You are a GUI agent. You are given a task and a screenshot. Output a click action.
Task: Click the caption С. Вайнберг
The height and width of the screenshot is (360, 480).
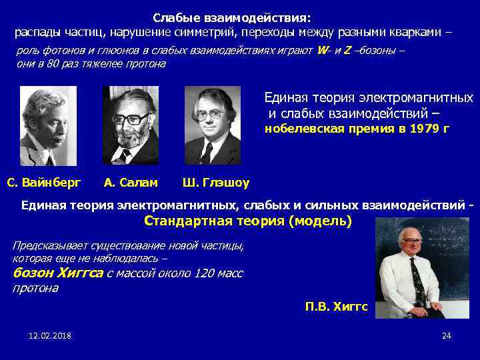pos(43,181)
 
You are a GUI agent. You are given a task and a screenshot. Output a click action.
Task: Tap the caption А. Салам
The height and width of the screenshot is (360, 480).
pos(131,181)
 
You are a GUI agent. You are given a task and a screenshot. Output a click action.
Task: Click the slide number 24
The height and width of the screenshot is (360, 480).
pos(447,335)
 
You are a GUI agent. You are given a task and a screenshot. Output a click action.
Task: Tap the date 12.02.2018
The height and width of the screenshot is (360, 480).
pos(50,335)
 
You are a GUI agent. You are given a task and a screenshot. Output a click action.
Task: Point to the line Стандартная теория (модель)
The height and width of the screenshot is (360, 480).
pos(248,221)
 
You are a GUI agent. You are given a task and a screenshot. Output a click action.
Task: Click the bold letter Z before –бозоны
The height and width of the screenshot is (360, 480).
pos(347,51)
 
